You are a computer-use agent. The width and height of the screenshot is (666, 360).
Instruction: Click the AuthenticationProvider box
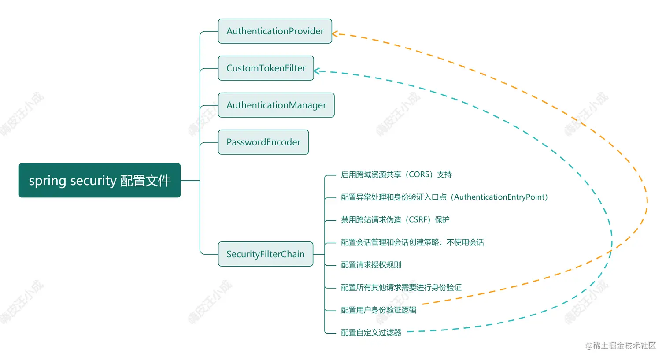pyautogui.click(x=275, y=31)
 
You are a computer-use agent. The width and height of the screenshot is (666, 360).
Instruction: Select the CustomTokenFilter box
pyautogui.click(x=266, y=68)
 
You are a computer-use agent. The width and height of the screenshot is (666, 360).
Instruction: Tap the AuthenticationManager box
pyautogui.click(x=276, y=105)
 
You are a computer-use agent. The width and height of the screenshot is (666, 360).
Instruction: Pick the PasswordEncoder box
pyautogui.click(x=263, y=142)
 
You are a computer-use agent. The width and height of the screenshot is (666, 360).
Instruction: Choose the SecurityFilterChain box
pyautogui.click(x=265, y=254)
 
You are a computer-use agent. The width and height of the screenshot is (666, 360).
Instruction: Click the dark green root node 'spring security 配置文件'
pyautogui.click(x=100, y=181)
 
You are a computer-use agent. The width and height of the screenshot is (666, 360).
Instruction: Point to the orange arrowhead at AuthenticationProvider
pyautogui.click(x=334, y=34)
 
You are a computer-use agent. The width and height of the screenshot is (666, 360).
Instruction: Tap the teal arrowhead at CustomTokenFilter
pyautogui.click(x=316, y=71)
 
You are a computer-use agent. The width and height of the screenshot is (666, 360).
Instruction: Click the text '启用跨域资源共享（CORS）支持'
pyautogui.click(x=396, y=175)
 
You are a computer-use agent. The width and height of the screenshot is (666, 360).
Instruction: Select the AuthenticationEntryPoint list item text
pyautogui.click(x=444, y=197)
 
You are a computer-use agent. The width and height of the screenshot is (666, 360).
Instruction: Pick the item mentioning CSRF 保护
pyautogui.click(x=395, y=220)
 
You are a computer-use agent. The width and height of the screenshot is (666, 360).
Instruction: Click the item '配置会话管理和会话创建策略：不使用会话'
pyautogui.click(x=412, y=242)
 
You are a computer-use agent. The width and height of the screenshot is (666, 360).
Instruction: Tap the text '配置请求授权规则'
pyautogui.click(x=371, y=265)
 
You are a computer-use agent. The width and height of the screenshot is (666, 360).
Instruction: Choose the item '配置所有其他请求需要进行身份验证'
pyautogui.click(x=401, y=288)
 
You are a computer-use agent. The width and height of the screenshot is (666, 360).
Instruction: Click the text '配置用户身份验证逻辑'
pyautogui.click(x=378, y=310)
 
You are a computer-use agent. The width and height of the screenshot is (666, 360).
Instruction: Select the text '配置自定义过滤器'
pyautogui.click(x=371, y=333)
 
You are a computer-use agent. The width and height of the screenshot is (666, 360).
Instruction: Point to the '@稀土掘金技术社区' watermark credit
pyautogui.click(x=620, y=346)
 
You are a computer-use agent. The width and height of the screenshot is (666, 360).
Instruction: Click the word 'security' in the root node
pyautogui.click(x=93, y=181)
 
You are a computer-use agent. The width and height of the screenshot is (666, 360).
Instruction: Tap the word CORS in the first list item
pyautogui.click(x=420, y=175)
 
